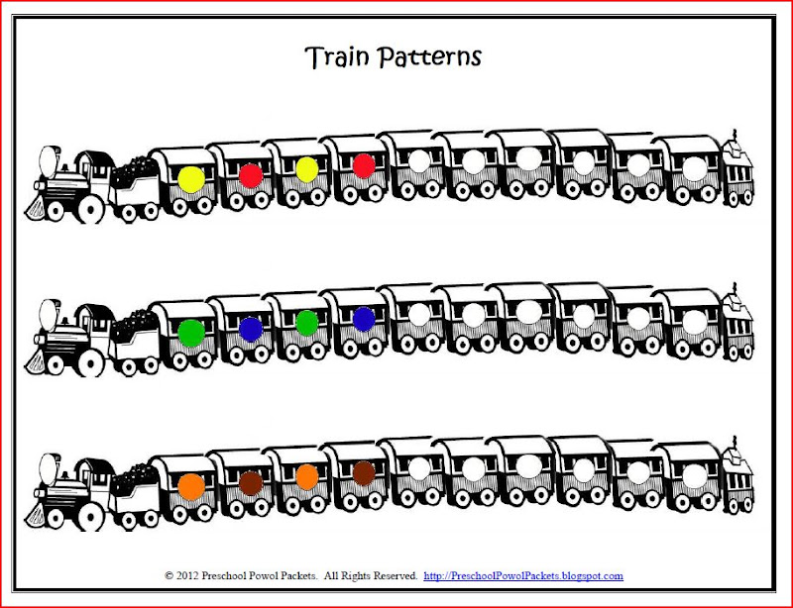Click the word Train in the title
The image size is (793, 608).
(337, 56)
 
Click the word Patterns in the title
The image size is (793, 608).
(429, 57)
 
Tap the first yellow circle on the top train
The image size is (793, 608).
(191, 179)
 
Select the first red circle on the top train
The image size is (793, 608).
(251, 175)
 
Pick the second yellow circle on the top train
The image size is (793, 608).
(307, 169)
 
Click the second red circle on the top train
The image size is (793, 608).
(364, 165)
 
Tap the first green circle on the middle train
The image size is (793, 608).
(191, 333)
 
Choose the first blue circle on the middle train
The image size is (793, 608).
(251, 329)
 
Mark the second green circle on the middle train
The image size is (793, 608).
(307, 323)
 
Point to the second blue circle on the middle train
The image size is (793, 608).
(364, 319)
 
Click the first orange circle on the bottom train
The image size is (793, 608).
(191, 487)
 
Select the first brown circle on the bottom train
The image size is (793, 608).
(251, 482)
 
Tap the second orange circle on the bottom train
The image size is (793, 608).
(307, 476)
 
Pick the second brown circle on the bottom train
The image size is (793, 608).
(364, 473)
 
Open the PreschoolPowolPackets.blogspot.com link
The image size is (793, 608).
(523, 575)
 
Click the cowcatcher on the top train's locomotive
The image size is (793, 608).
(36, 208)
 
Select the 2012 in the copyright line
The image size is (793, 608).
(187, 575)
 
